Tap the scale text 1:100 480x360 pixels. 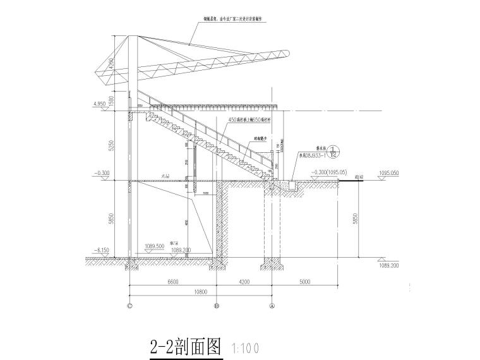click(x=244, y=348)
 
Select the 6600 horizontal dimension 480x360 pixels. click(x=173, y=283)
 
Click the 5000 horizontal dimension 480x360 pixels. click(x=304, y=283)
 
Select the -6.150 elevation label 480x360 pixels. click(x=101, y=251)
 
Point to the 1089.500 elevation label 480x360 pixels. click(x=154, y=245)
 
